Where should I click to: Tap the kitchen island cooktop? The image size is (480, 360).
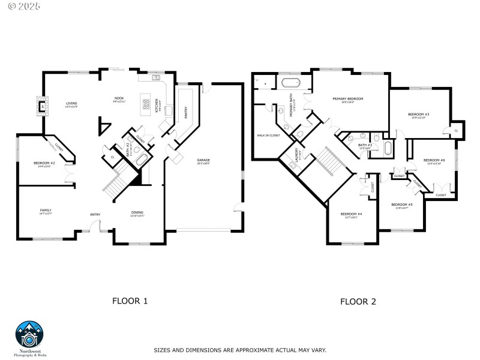[x=145, y=105]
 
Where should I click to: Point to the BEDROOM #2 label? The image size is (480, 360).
[x=45, y=163]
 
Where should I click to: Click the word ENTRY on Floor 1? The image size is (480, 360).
[x=95, y=214]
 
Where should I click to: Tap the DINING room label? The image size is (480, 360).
[x=137, y=212]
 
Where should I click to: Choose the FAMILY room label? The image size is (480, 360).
[x=46, y=210]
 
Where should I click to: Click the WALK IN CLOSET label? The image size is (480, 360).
[x=268, y=135]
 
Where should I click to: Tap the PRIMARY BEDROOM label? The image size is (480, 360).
[x=348, y=98]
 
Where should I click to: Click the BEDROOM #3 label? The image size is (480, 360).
[x=418, y=114]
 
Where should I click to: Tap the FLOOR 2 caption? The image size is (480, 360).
[x=358, y=301]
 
